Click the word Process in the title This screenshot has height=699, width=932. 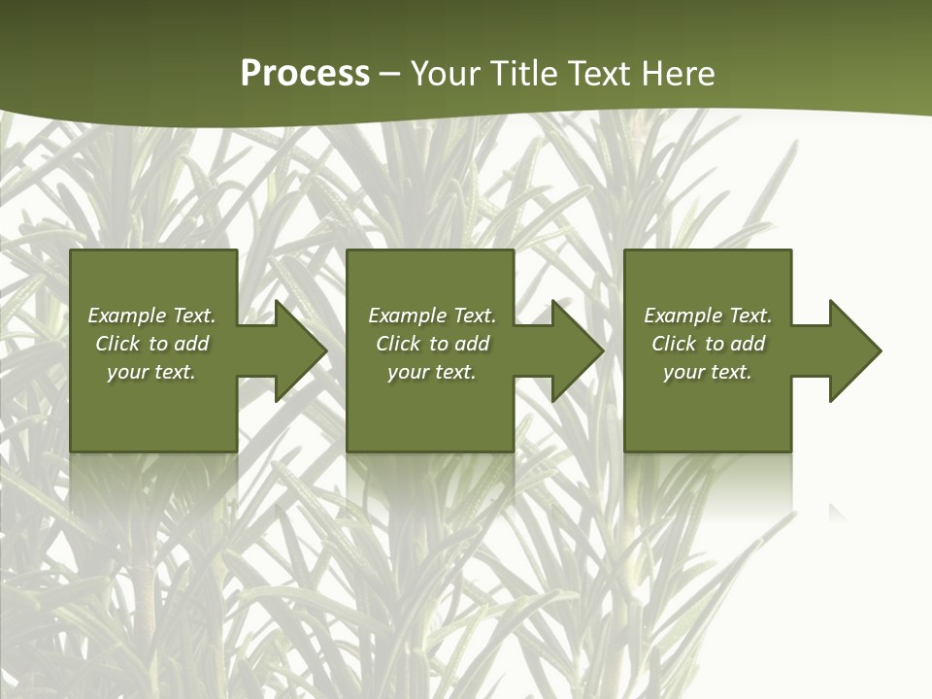click(x=305, y=74)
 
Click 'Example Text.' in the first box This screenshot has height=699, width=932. click(x=151, y=316)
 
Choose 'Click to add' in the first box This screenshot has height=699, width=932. click(x=151, y=344)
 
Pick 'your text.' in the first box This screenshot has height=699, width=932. click(x=151, y=372)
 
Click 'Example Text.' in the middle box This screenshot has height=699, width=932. click(x=432, y=316)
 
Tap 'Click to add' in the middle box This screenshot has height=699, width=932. click(x=432, y=344)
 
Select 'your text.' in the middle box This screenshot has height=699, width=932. click(x=432, y=372)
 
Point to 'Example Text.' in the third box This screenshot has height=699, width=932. click(x=708, y=316)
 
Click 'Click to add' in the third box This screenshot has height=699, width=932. click(x=708, y=344)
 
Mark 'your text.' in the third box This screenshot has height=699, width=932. click(x=708, y=372)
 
